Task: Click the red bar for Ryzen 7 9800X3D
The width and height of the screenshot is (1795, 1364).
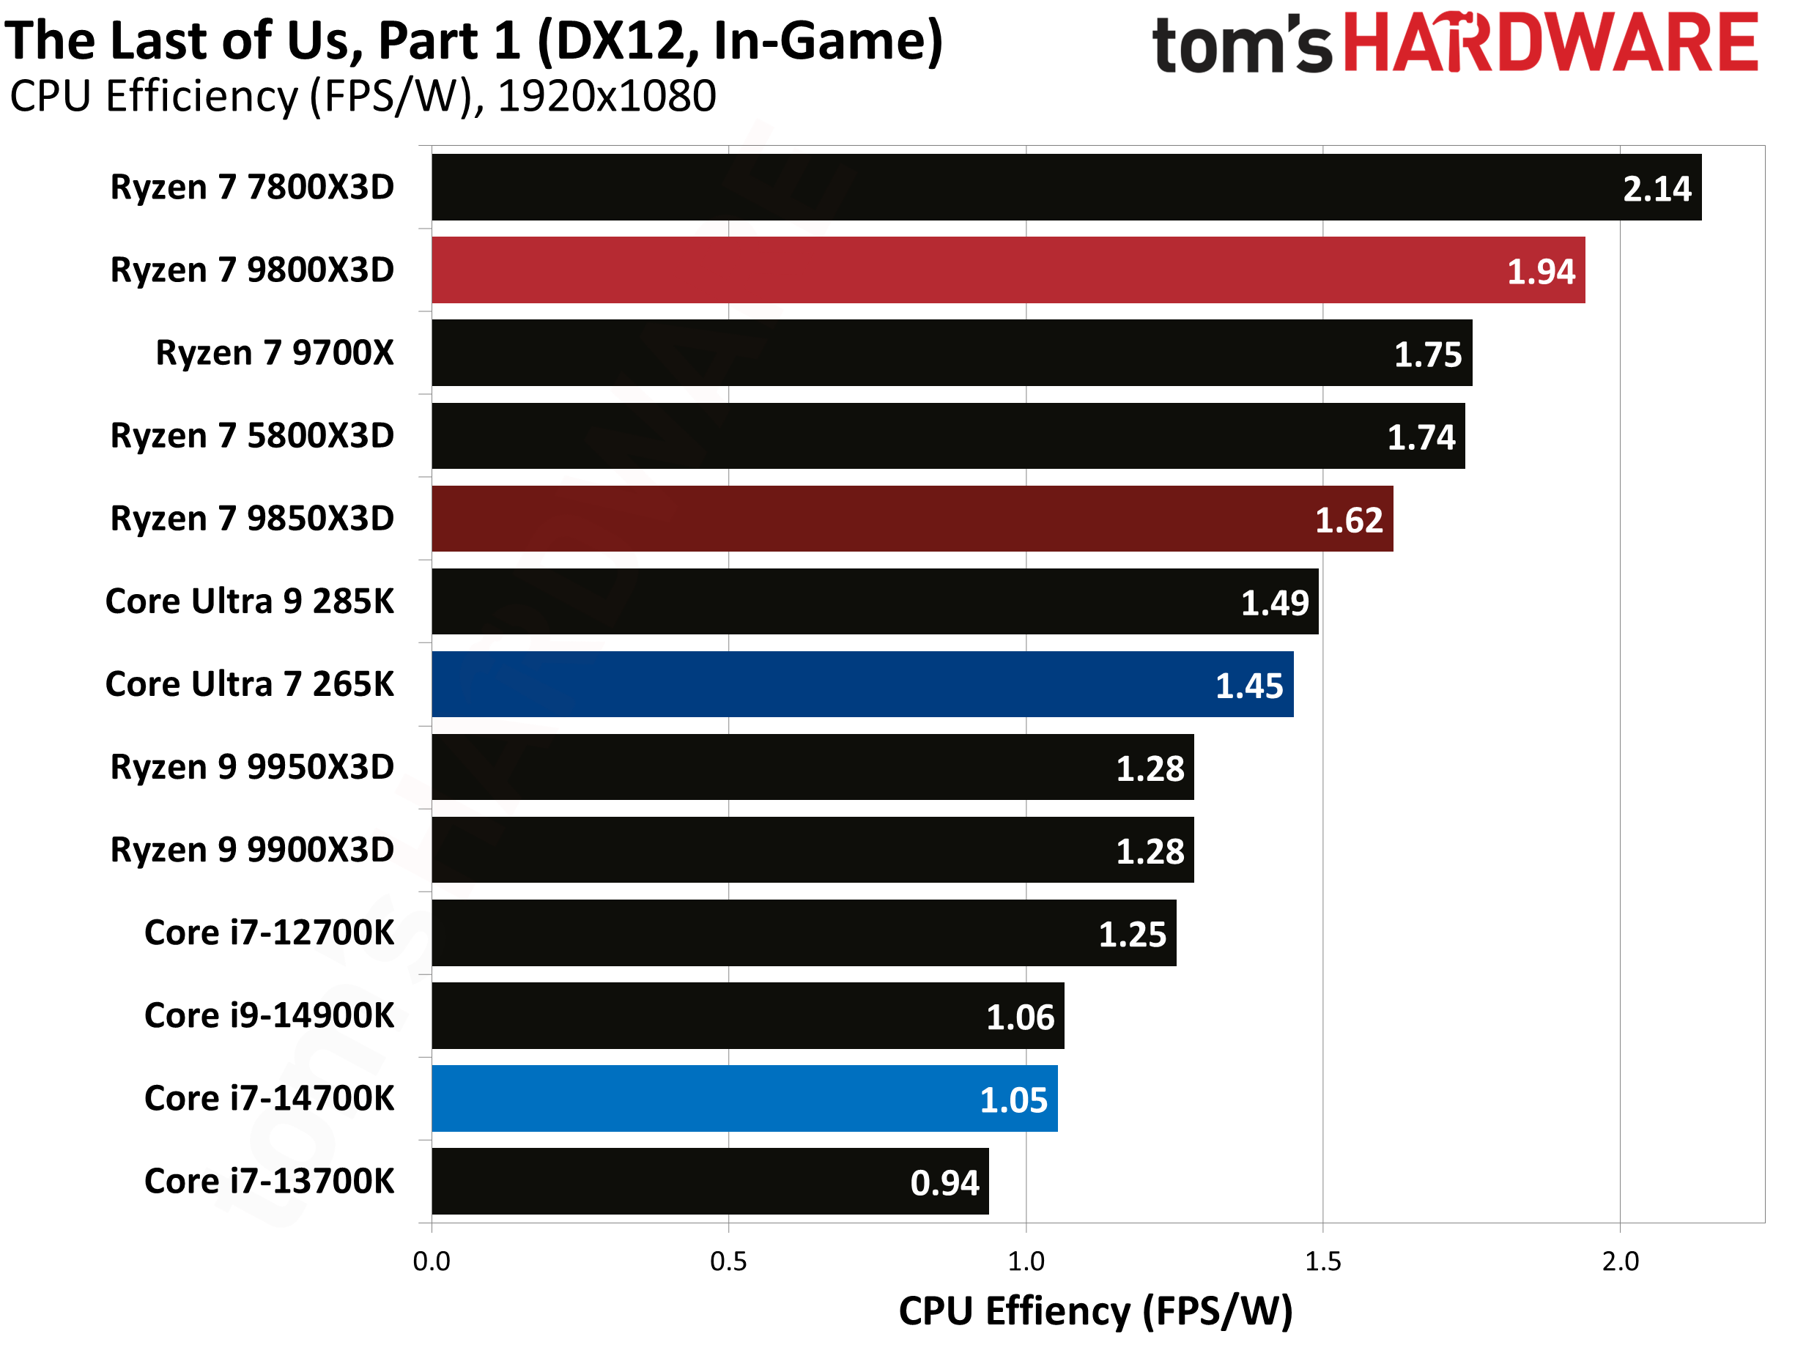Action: [x=1007, y=270]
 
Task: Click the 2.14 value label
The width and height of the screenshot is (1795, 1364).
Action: [x=1657, y=189]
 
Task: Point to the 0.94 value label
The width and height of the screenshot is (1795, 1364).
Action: [x=944, y=1183]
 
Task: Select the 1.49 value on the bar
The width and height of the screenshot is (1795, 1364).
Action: [x=1275, y=603]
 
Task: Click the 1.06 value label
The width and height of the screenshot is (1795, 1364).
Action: [x=1020, y=1018]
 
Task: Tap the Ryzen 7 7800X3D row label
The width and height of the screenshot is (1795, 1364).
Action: [x=252, y=188]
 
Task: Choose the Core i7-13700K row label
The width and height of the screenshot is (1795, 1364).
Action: [x=269, y=1182]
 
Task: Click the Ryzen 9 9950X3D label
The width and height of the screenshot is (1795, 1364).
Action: [x=252, y=767]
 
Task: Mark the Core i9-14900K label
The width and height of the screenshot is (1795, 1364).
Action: [x=269, y=1016]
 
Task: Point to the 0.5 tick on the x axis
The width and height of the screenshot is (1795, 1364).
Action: [x=728, y=1261]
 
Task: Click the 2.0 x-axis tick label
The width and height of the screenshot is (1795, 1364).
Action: [x=1620, y=1261]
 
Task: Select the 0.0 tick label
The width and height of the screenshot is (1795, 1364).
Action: [x=431, y=1261]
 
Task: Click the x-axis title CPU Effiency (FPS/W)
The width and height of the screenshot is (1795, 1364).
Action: [x=1095, y=1311]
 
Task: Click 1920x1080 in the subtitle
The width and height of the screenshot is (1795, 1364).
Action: [x=607, y=97]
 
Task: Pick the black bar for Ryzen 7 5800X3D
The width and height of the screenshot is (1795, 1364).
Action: [x=947, y=436]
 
